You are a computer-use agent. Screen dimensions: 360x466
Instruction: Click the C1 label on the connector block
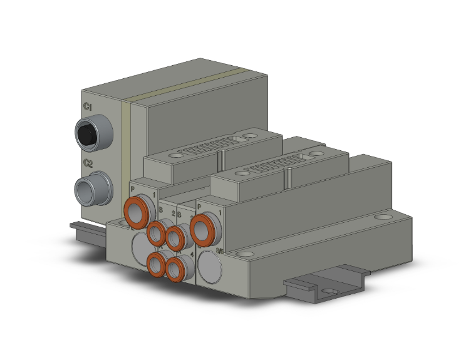(88, 108)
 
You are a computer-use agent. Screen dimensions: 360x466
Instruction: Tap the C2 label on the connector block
(88, 163)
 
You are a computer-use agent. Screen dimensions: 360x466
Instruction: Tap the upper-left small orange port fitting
(157, 232)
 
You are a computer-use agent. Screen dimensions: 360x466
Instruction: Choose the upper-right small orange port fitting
(176, 237)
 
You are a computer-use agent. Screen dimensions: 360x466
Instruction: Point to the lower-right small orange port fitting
(175, 269)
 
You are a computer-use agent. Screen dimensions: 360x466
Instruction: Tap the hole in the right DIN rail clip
(331, 289)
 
